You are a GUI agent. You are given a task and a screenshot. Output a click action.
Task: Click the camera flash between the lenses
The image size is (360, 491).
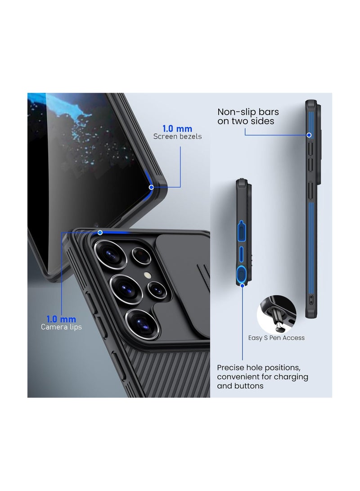147,275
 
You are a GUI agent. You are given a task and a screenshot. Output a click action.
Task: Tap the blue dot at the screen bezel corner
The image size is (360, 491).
151,187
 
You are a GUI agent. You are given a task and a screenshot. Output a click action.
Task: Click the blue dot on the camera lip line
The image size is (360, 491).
100,233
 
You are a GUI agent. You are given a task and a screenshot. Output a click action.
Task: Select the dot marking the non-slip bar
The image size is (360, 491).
309,135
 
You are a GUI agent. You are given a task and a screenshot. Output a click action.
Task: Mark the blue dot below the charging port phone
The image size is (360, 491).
242,285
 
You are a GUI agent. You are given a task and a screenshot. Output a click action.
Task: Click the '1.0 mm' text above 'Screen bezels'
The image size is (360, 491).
177,128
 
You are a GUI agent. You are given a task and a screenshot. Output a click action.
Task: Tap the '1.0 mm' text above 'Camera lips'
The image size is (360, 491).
61,319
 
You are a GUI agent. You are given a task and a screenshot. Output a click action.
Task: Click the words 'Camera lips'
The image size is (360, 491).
61,327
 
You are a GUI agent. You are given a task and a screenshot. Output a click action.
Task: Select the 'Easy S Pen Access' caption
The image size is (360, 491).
276,338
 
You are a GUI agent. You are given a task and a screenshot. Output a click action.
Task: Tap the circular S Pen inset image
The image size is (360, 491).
276,315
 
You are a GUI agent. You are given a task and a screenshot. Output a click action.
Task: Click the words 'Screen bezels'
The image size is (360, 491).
177,136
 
